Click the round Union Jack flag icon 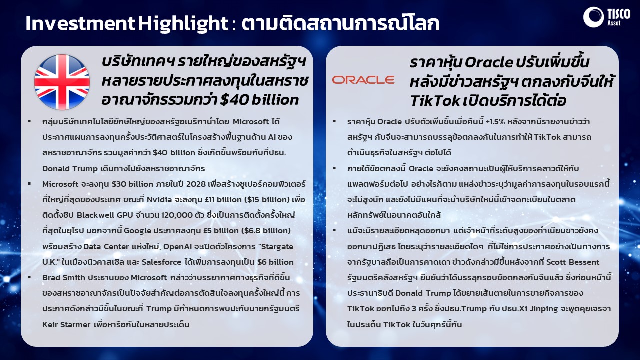click(62, 82)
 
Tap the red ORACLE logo click(363, 80)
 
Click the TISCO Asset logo click(607, 17)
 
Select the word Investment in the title click(80, 23)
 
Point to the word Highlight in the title click(183, 24)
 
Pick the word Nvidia click(159, 200)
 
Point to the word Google click(137, 231)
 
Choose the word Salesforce click(161, 262)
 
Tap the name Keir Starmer click(66, 325)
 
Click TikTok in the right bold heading click(435, 100)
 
